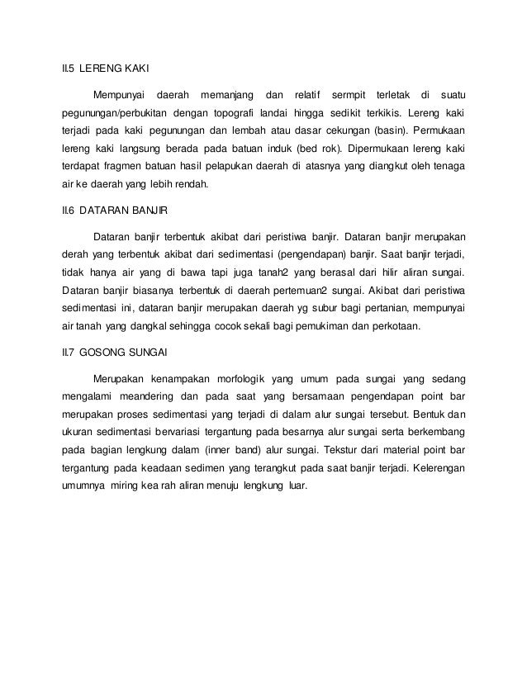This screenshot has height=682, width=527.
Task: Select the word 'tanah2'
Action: tap(277, 271)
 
